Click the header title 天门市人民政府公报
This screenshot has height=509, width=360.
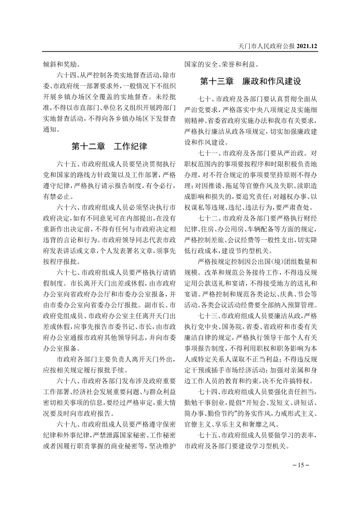[x=266, y=46]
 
